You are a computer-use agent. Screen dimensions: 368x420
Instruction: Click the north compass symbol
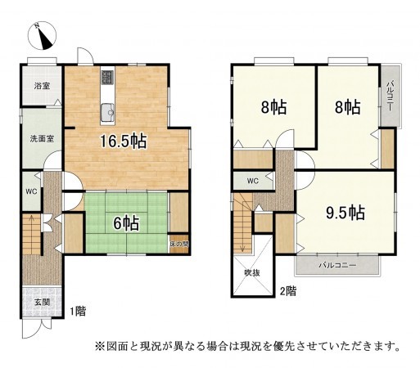coord(43,36)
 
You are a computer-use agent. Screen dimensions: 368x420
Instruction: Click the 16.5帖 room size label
coord(123,141)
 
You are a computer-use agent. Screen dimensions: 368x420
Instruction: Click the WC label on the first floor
coord(30,191)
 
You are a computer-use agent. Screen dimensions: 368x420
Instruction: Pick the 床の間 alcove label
coord(180,244)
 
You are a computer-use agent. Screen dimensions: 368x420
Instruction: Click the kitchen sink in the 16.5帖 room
coord(106,112)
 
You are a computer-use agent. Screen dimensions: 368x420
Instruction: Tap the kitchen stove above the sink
coord(107,80)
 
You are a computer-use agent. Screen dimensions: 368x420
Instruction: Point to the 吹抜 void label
coord(251,273)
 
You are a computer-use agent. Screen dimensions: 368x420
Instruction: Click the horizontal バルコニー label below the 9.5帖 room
coord(337,266)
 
